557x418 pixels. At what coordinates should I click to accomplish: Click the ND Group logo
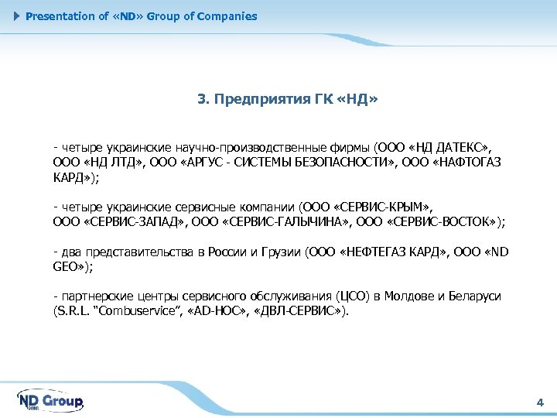50,401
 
